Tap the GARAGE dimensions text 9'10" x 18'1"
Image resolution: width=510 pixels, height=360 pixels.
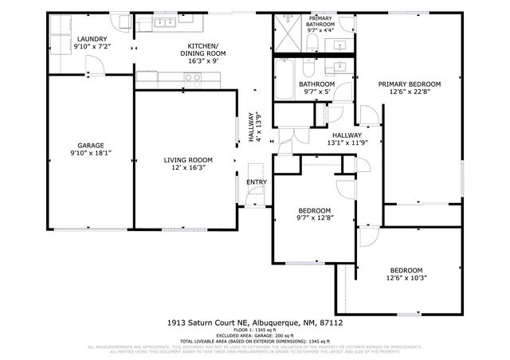click(x=90, y=152)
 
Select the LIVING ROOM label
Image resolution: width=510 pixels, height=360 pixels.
click(x=185, y=161)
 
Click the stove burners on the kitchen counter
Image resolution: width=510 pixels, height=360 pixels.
click(x=192, y=78)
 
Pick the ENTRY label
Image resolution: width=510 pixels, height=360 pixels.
click(x=256, y=182)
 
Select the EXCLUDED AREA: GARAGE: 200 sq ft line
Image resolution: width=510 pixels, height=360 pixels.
click(x=254, y=335)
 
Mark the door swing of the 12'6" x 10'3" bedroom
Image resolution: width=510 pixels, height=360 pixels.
click(x=368, y=237)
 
